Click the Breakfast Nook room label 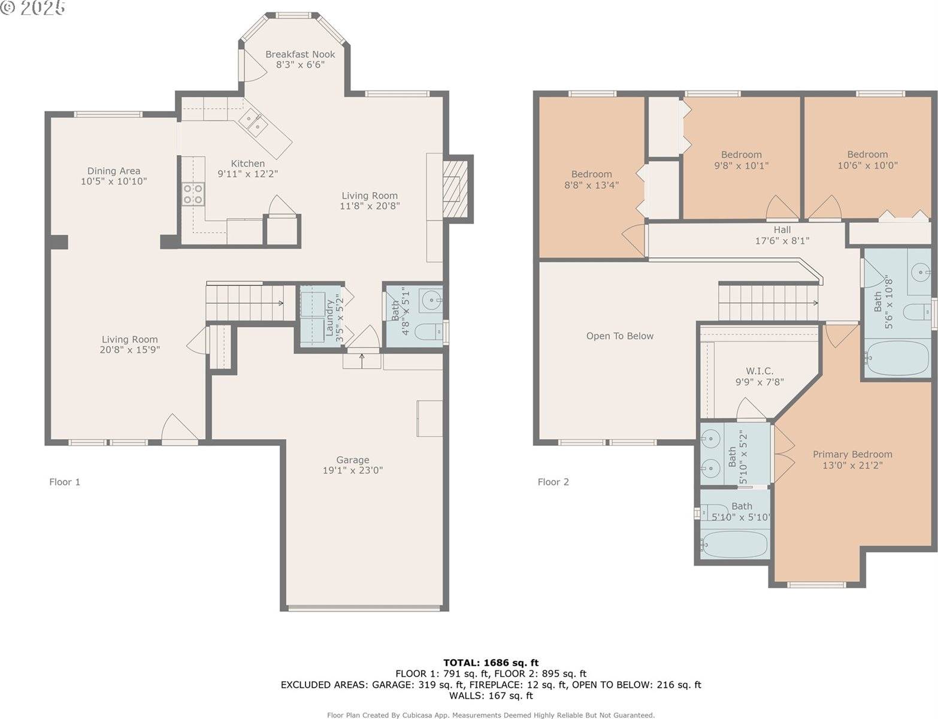(300, 55)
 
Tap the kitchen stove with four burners (193, 194)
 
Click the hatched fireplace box (455, 189)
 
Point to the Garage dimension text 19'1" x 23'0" (353, 470)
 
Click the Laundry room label (330, 318)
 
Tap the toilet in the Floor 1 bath (429, 332)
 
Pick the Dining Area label (114, 171)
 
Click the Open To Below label (620, 336)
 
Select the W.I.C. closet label (760, 371)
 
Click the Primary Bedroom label (852, 454)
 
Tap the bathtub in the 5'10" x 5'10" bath (734, 544)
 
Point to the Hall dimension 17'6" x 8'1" (782, 241)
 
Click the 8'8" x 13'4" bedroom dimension (591, 185)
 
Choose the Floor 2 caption (553, 482)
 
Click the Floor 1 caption (65, 482)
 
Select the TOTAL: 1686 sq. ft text (491, 663)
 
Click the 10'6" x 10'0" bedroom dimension (868, 165)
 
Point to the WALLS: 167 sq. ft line (491, 696)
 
